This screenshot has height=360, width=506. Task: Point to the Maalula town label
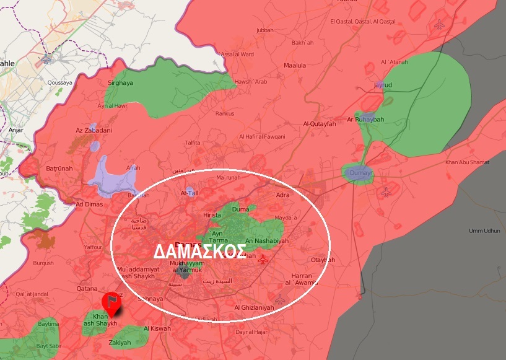point(294,65)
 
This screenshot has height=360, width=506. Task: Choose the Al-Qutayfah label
point(319,123)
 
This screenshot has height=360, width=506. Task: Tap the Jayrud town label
point(383,84)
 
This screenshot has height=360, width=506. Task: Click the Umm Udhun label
point(484,230)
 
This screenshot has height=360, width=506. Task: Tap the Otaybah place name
point(323,260)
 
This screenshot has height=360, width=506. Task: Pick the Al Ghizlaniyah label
point(254,307)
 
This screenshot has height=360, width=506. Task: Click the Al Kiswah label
point(157,328)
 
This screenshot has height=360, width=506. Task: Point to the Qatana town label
point(87,288)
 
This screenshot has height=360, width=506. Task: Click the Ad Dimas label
point(88,204)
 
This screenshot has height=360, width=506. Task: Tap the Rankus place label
point(224,113)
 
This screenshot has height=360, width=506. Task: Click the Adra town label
point(282,195)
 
